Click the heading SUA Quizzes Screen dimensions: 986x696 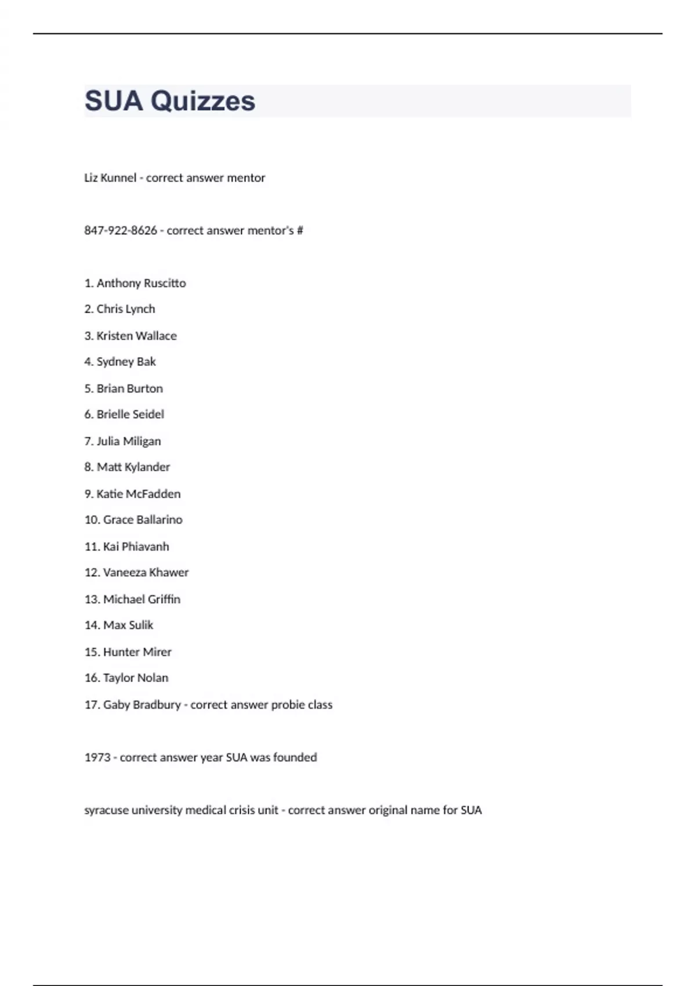coord(169,101)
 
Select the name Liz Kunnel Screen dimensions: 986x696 coord(110,178)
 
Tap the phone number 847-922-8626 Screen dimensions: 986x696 coord(121,231)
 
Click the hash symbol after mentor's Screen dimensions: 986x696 coord(300,231)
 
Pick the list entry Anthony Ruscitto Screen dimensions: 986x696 coord(141,284)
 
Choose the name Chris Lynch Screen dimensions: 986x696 coord(125,309)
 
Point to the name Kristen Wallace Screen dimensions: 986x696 coord(136,336)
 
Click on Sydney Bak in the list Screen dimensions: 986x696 coord(126,362)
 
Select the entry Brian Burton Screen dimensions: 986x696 coord(129,389)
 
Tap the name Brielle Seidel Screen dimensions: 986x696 coord(130,415)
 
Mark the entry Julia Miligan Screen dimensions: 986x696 coord(128,441)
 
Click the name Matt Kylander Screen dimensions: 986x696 coord(133,467)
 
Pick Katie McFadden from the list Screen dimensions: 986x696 coord(138,494)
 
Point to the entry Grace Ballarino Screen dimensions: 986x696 coord(143,520)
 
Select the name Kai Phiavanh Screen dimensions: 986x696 coord(136,547)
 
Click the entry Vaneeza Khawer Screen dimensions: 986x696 coord(146,573)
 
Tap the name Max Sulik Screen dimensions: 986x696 coord(128,625)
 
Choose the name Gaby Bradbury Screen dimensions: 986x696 coord(142,705)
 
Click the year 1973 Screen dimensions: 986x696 coord(97,758)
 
